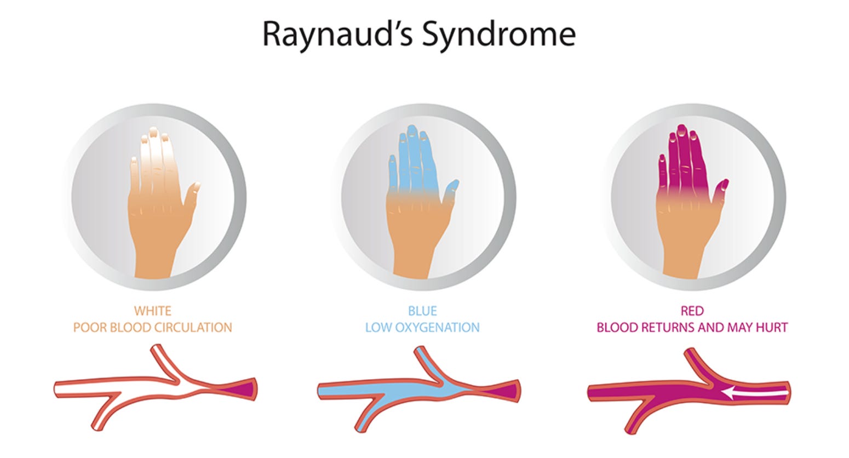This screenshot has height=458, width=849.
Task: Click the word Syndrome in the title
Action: point(498,34)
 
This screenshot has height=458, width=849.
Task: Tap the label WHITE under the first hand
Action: point(153,311)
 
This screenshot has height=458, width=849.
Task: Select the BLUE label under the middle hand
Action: point(422,311)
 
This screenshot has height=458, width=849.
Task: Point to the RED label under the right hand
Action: point(692,311)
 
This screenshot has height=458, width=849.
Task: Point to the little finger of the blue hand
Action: point(392,170)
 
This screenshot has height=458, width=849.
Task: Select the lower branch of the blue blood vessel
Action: point(368,416)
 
